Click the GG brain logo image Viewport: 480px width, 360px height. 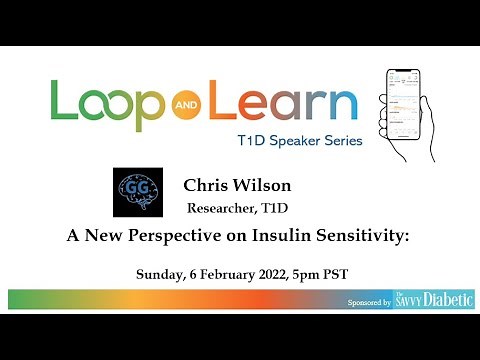click(145, 193)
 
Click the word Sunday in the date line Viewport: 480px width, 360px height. click(162, 273)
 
